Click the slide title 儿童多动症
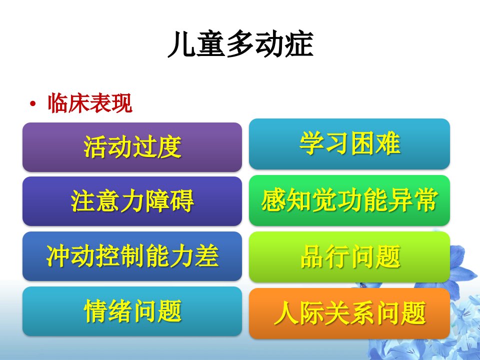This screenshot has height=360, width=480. coord(240,44)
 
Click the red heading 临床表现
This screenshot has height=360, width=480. coord(90,103)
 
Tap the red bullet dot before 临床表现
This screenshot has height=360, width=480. coord(33,104)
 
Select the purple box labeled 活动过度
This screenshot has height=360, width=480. coord(132,147)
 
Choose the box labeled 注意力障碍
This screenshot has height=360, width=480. coord(132,201)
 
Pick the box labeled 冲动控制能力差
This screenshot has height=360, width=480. coord(132,256)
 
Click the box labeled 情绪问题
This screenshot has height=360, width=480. coord(132,311)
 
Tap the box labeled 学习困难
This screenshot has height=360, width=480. coord(349,144)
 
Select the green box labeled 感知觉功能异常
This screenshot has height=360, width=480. coord(349,200)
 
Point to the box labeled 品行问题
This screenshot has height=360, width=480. coord(349,257)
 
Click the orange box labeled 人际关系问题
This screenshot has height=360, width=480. coord(349,313)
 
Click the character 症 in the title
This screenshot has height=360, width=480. coord(299,44)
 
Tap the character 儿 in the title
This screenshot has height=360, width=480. coord(182,44)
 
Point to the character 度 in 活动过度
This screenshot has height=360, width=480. coord(169,147)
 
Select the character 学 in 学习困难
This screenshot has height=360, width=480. coord(312,143)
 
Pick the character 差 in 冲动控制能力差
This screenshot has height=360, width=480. coord(207,256)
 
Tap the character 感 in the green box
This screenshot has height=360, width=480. coord(273,200)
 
